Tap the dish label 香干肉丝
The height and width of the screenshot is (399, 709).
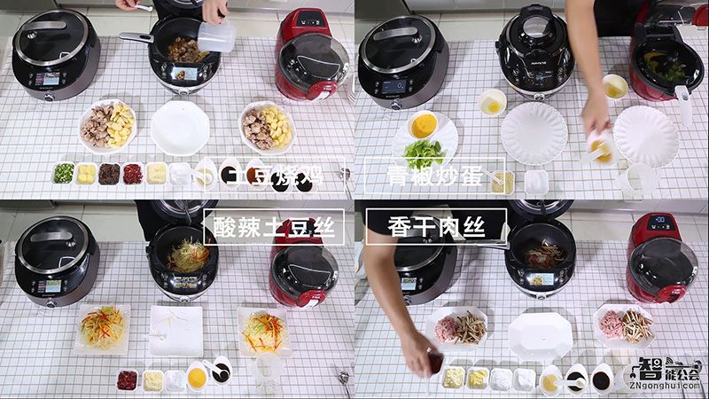click(436, 227)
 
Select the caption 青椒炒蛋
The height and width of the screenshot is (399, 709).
click(433, 176)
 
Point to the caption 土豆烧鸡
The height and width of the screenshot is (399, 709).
click(271, 176)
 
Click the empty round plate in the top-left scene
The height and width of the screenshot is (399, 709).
click(180, 128)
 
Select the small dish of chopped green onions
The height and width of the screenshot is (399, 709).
click(63, 173)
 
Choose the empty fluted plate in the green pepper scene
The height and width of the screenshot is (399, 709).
click(534, 133)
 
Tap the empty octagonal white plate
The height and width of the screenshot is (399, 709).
click(541, 335)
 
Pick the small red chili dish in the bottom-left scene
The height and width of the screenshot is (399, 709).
click(127, 379)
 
